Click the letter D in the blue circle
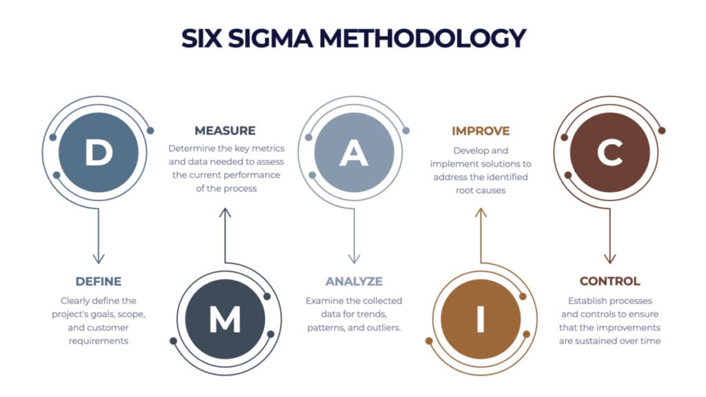99,152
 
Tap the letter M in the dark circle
225,319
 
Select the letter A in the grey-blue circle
354,153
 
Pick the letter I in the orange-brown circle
481,319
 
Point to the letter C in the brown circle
610,152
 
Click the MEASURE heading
225,130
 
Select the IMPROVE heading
481,131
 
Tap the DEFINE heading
99,281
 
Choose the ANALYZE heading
354,281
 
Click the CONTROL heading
609,281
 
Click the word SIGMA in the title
270,38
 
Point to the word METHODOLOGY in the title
423,38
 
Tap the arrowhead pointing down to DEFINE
99,258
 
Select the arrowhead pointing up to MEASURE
225,213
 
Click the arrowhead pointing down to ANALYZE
354,258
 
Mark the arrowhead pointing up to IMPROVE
481,213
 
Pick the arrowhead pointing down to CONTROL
609,258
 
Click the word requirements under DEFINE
99,341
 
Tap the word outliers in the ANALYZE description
383,327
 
